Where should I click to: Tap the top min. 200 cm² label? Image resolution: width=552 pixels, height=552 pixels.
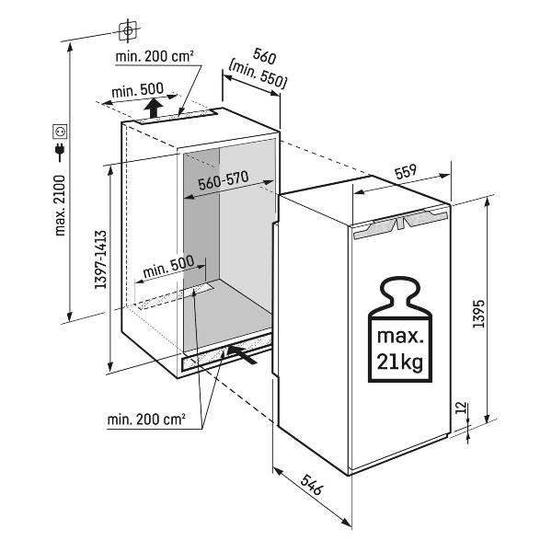click(155, 57)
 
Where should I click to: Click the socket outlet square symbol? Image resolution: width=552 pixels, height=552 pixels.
click(61, 130)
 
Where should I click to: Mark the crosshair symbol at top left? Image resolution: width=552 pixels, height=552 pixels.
click(129, 30)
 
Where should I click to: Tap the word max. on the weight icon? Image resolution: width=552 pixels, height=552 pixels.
click(399, 332)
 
